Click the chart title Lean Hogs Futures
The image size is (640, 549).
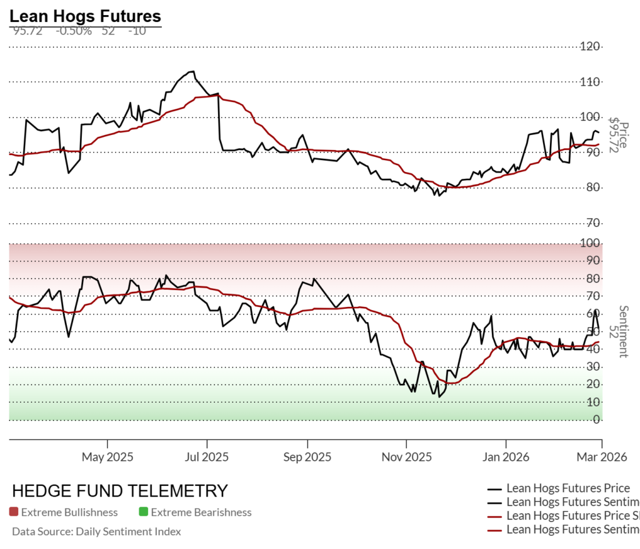pyautogui.click(x=85, y=16)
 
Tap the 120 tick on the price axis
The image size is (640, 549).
pyautogui.click(x=590, y=46)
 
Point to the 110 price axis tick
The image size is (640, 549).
pyautogui.click(x=590, y=82)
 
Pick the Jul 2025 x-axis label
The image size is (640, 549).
pyautogui.click(x=206, y=457)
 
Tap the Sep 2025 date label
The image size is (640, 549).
pyautogui.click(x=307, y=457)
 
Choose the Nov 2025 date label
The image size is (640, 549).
pyautogui.click(x=406, y=457)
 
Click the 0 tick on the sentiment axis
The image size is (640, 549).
pyautogui.click(x=597, y=420)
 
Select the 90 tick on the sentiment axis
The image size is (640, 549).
pyautogui.click(x=594, y=261)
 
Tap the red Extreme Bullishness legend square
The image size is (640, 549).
pyautogui.click(x=14, y=513)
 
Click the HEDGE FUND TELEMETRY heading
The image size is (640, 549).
pyautogui.click(x=120, y=491)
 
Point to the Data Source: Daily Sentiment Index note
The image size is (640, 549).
pyautogui.click(x=96, y=531)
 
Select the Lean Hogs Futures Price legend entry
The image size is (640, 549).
pyautogui.click(x=567, y=488)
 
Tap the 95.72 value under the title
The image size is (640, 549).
pyautogui.click(x=27, y=31)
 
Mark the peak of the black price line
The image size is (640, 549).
pyautogui.click(x=192, y=71)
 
